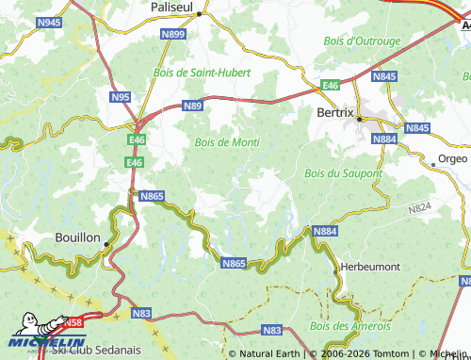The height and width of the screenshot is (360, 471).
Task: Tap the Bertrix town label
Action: (x=333, y=112)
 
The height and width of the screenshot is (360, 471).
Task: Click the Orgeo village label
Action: (x=452, y=159)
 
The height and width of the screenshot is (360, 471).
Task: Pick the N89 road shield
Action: (x=193, y=106)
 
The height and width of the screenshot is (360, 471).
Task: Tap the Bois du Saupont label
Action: (x=344, y=173)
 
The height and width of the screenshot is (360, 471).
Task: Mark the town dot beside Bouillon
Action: (x=107, y=244)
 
